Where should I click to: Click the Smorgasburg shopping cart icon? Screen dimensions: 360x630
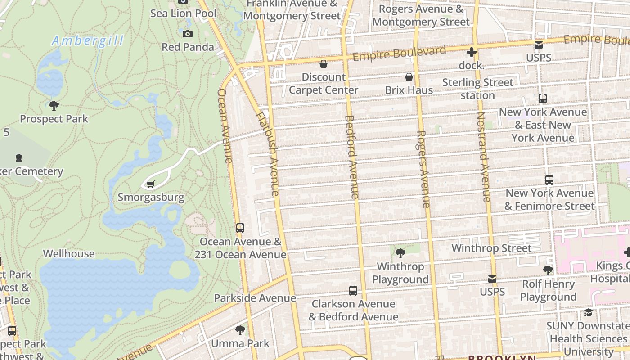coord(150,184)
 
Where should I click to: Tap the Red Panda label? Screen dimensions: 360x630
coord(188,47)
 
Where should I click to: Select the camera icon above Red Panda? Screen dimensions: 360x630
coord(188,34)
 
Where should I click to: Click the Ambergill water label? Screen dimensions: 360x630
coord(88,41)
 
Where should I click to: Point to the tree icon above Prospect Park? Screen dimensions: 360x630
coord(54,106)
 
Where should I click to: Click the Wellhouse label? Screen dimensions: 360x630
coord(69,253)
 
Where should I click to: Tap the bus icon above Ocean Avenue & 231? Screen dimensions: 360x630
coord(240,228)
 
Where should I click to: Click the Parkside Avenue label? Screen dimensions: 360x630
coord(255,298)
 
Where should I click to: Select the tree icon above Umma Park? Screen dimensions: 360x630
coord(240,330)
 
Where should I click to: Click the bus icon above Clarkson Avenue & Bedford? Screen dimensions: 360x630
coord(353,291)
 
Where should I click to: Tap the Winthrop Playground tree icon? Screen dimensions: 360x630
coord(400,253)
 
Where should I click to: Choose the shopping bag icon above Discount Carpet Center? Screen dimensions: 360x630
coord(323,64)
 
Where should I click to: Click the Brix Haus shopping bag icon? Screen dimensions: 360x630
coord(409,77)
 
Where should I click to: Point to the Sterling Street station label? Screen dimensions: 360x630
coord(477,89)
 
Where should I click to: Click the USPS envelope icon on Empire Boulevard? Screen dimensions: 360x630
coord(539,45)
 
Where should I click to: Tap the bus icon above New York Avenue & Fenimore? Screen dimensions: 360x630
coord(549,180)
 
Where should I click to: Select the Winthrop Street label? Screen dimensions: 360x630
coord(491,248)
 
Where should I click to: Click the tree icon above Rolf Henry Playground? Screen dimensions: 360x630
coord(548,270)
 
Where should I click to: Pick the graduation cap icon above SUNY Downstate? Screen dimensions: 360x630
coord(588,312)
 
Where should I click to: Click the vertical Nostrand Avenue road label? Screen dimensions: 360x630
coord(483,157)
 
